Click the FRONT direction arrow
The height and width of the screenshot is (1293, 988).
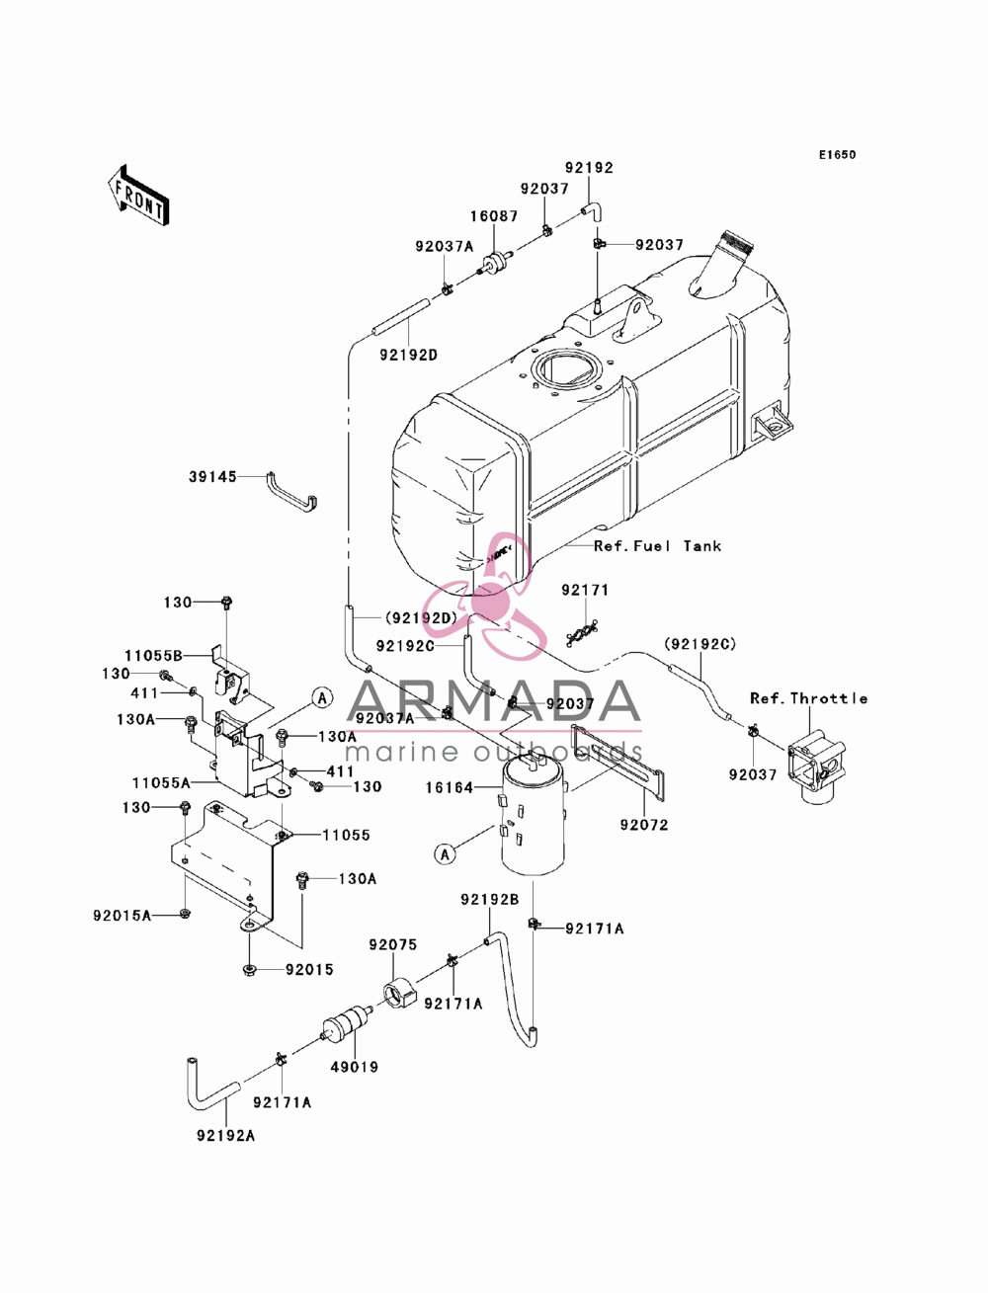click(138, 195)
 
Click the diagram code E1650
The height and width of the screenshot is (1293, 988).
click(837, 155)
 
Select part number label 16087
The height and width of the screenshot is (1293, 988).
click(494, 216)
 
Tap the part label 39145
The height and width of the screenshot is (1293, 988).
click(212, 476)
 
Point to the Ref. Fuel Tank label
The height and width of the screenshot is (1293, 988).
click(657, 546)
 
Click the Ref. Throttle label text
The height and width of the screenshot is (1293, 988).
click(808, 698)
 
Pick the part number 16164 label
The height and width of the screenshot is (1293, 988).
click(450, 787)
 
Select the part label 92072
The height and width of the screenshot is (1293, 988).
click(644, 825)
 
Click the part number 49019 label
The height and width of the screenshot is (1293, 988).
click(354, 1067)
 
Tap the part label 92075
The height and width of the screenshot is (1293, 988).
click(393, 945)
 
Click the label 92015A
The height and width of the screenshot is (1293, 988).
click(122, 916)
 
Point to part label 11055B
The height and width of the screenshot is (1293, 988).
click(153, 656)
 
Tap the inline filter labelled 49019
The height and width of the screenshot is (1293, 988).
click(348, 1024)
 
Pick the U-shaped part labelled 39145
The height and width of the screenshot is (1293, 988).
click(292, 495)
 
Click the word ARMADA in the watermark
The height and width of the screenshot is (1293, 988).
click(494, 702)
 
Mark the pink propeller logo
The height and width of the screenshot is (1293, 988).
click(489, 597)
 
